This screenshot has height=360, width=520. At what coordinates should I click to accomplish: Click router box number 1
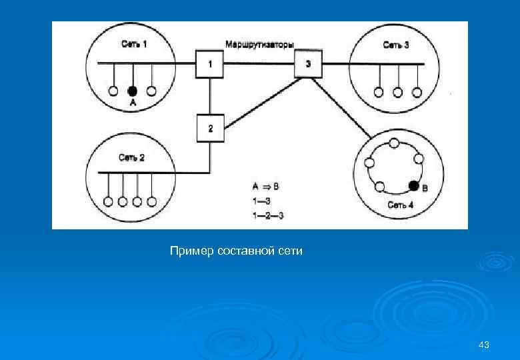(x=210, y=64)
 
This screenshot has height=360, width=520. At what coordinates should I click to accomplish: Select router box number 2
(x=211, y=128)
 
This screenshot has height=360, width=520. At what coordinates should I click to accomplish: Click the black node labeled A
(x=133, y=91)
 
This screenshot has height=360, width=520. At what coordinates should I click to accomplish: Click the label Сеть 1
(x=134, y=45)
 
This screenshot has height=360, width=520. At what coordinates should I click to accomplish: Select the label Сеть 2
(x=131, y=157)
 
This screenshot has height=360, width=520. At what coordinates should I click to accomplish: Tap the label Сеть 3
(x=396, y=45)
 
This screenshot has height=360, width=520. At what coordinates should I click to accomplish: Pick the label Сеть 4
(x=401, y=205)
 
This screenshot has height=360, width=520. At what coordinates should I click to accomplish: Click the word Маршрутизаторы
(x=260, y=44)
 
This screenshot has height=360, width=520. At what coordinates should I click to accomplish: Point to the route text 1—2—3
(x=269, y=215)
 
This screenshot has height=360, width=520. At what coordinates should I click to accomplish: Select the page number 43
(x=484, y=345)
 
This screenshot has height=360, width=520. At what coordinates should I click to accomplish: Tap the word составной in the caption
(x=247, y=251)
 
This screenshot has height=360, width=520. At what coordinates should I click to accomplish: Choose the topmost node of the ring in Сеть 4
(x=394, y=143)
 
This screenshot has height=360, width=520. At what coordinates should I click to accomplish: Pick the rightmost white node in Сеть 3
(x=418, y=92)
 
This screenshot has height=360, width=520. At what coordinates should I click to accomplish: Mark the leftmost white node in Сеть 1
(x=113, y=91)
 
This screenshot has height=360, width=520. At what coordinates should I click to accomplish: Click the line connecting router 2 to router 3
(x=260, y=101)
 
